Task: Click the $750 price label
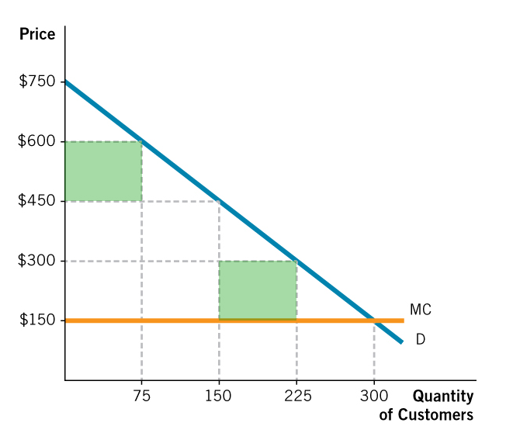click(36, 81)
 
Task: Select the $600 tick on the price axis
click(36, 141)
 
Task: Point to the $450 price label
click(36, 201)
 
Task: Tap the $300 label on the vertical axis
click(36, 261)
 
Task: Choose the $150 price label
click(36, 320)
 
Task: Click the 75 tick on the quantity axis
click(141, 396)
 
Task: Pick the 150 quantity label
click(219, 396)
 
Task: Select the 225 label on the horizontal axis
click(297, 396)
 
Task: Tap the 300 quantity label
click(374, 396)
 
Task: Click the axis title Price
click(37, 35)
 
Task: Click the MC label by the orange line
click(420, 310)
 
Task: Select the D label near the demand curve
click(420, 339)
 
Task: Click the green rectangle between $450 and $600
click(103, 171)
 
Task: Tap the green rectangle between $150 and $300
click(258, 289)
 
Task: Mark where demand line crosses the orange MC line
click(374, 320)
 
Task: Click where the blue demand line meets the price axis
click(66, 81)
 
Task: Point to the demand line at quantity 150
click(219, 201)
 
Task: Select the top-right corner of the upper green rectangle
click(141, 141)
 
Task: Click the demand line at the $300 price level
click(296, 261)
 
